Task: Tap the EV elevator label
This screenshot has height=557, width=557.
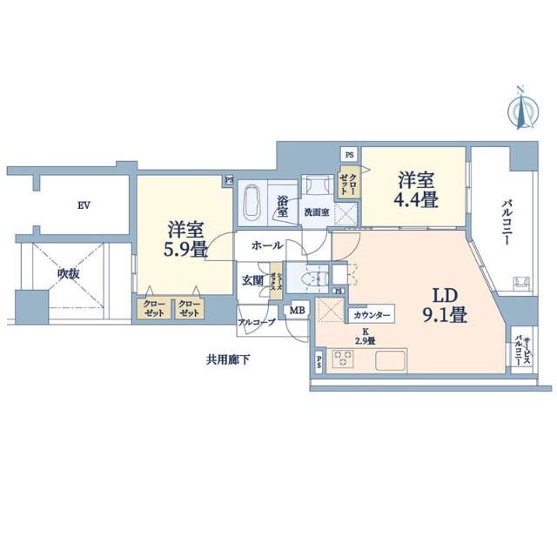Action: tap(84, 205)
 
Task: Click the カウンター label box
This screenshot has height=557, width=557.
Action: tap(372, 314)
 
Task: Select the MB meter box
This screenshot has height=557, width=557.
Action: tap(297, 310)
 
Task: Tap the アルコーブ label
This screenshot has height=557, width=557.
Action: tap(258, 323)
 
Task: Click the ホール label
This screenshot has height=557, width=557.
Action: tap(266, 246)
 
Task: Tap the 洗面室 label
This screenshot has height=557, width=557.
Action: tap(316, 211)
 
